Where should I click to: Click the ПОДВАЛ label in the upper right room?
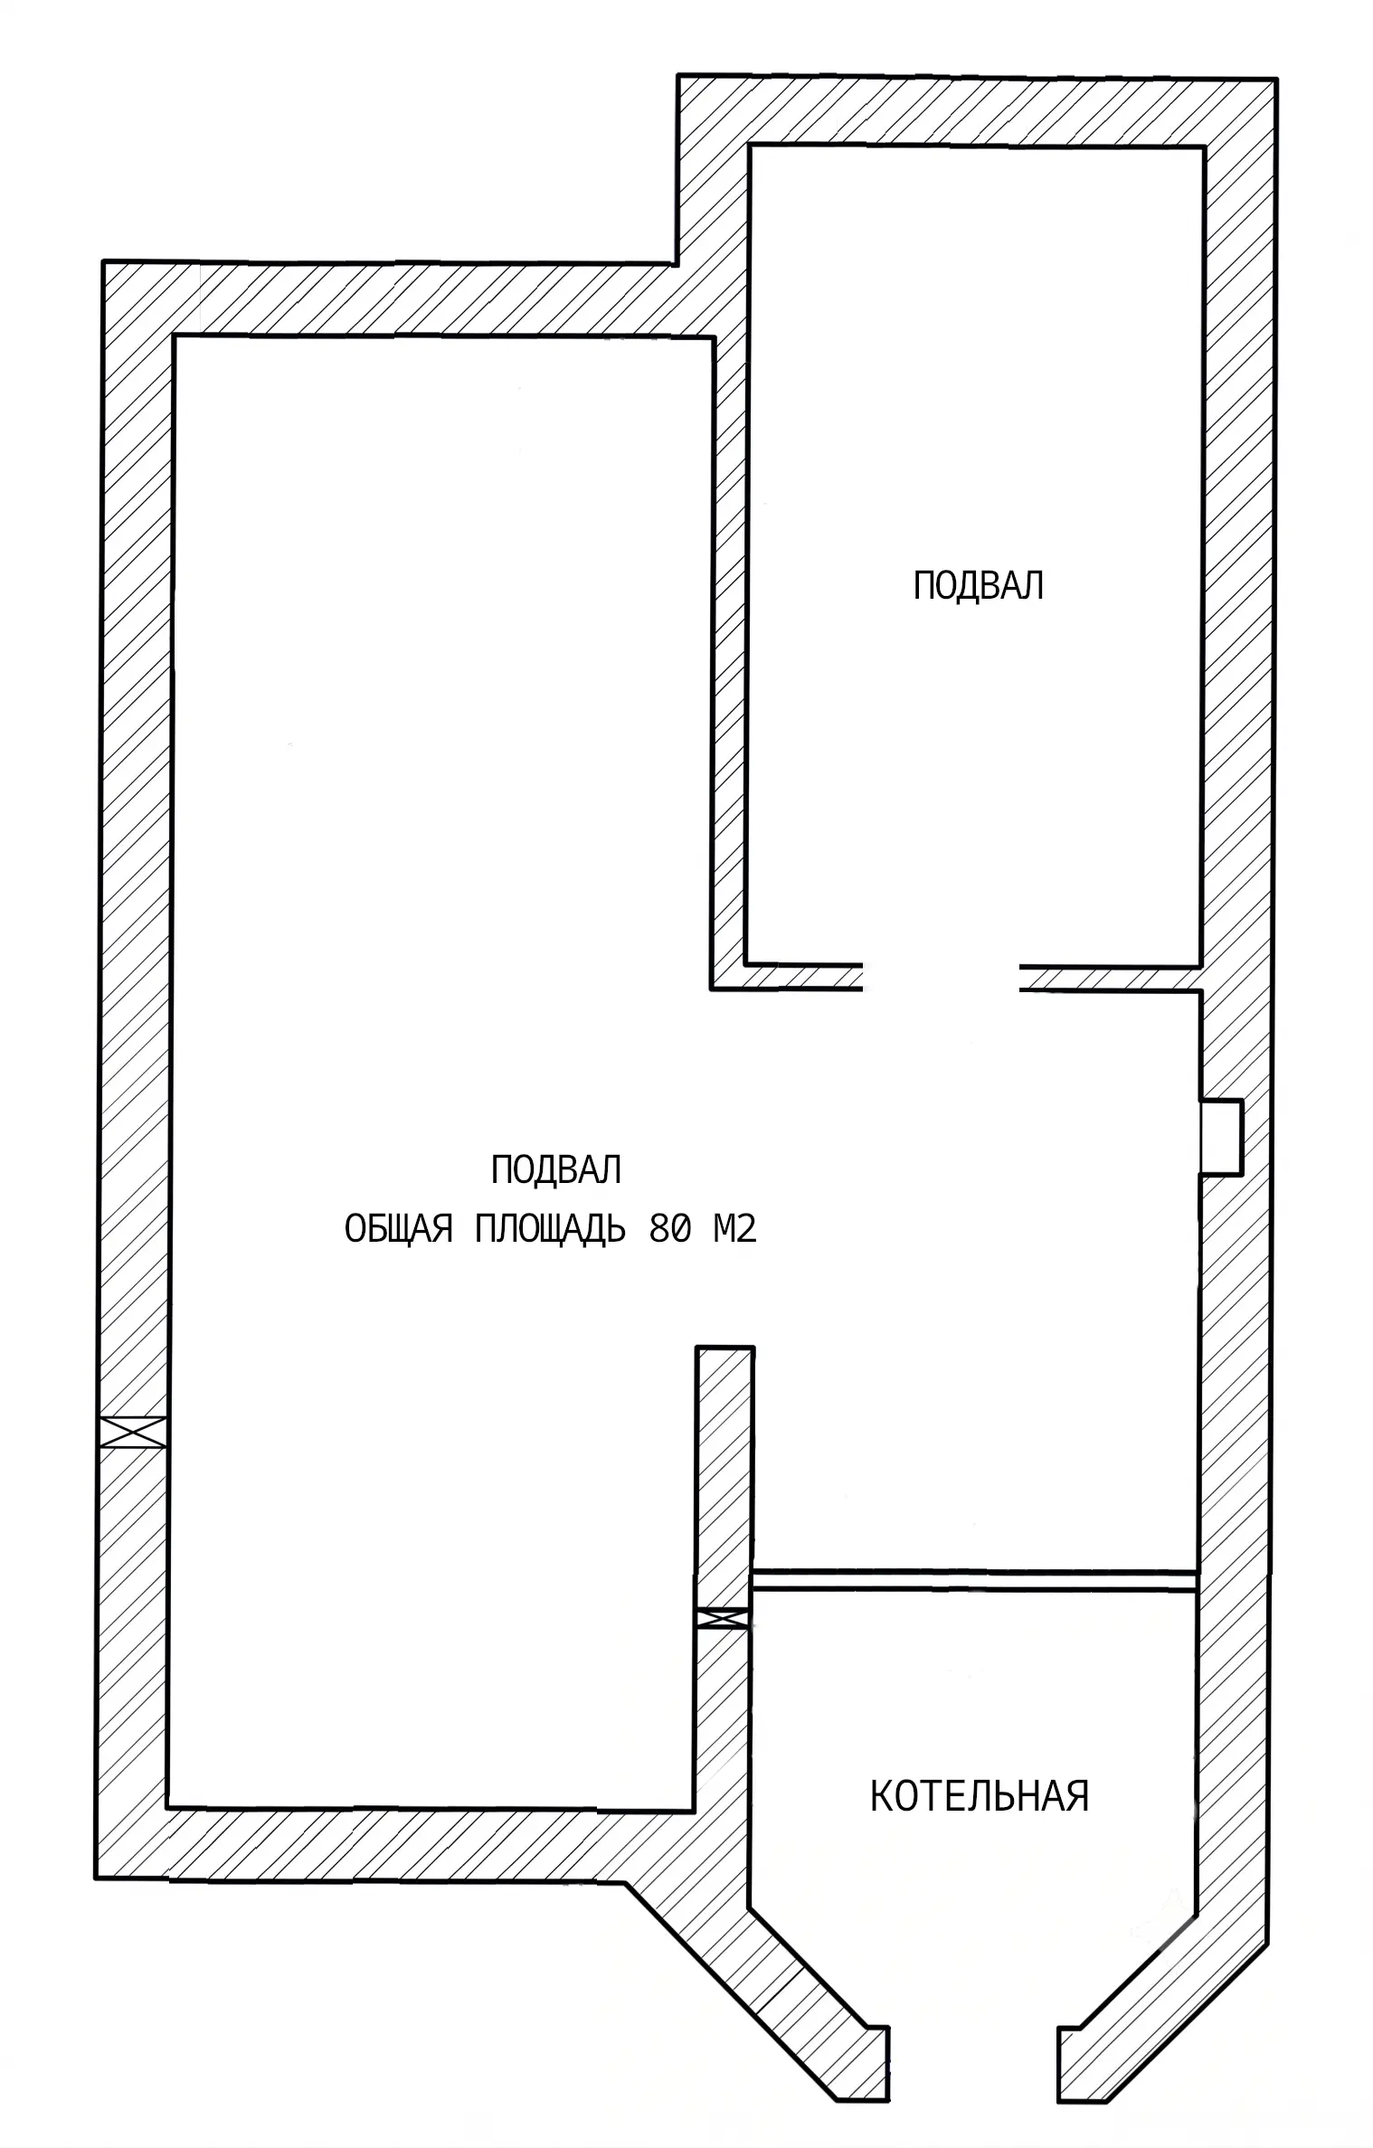978,586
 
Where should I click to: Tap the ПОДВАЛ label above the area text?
555,1169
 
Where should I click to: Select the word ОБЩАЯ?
399,1230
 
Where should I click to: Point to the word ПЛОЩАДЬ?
550,1230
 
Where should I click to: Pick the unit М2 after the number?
734,1229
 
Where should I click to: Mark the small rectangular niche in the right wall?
1221,1137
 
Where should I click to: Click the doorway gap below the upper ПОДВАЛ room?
942,977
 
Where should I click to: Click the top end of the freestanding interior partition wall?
724,1348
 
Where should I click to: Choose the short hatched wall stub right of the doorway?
1111,978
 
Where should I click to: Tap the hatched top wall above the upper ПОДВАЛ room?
977,110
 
